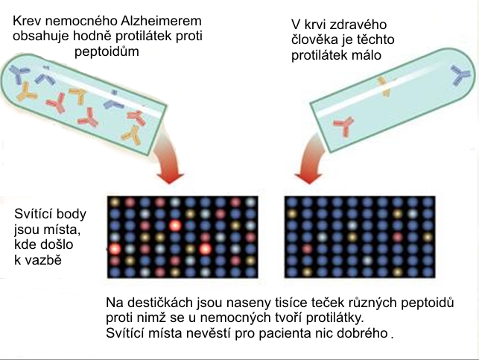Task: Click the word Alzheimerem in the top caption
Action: [162, 21]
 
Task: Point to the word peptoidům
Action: [107, 51]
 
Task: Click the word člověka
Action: [315, 40]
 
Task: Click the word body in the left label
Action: [72, 214]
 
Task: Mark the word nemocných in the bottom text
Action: [229, 318]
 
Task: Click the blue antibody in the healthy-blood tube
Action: [460, 75]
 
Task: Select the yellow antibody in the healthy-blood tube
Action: [384, 86]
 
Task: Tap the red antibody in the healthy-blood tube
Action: [344, 125]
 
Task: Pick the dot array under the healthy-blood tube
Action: [360, 237]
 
